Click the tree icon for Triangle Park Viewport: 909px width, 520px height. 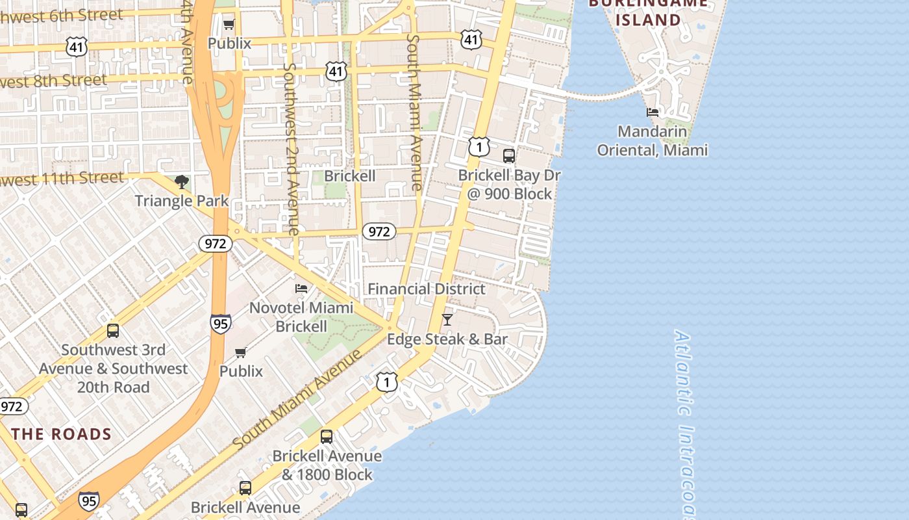[x=182, y=182]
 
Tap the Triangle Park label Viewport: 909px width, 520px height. [x=182, y=200]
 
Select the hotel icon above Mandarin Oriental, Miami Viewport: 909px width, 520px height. [x=653, y=112]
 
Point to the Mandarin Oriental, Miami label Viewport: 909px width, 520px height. [x=652, y=141]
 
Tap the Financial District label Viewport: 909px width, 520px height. [x=427, y=289]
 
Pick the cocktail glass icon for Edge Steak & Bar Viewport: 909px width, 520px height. [x=447, y=320]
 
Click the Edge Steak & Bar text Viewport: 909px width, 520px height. [x=447, y=339]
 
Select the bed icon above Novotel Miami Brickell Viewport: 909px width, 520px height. [x=301, y=289]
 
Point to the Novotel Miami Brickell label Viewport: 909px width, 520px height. [x=301, y=317]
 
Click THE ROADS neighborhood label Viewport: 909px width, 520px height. [x=61, y=434]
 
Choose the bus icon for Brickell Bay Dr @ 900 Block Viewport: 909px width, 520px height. [x=509, y=156]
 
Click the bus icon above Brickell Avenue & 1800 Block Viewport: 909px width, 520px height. [x=327, y=437]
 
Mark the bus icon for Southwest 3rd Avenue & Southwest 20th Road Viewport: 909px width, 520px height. [x=113, y=331]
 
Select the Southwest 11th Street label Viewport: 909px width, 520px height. [x=62, y=179]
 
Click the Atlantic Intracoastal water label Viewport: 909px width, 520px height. [x=684, y=422]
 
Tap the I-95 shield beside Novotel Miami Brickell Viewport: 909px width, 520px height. [x=221, y=324]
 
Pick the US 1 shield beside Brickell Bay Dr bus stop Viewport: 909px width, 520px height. [x=479, y=147]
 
